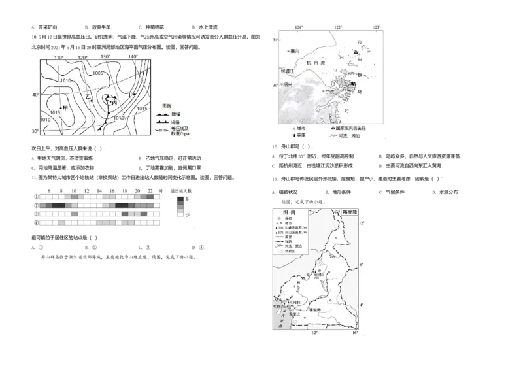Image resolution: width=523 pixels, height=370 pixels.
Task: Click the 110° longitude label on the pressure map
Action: click(59, 58)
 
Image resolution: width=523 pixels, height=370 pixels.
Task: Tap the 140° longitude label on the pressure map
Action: click(133, 58)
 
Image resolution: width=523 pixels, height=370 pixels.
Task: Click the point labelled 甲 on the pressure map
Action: click(64, 107)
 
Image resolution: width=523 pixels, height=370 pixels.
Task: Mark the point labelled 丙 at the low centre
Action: click(114, 103)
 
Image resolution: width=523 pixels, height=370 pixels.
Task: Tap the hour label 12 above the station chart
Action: click(86, 190)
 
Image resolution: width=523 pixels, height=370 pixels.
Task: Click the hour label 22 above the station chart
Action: click(150, 190)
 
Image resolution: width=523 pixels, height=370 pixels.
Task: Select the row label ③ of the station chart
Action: click(36, 214)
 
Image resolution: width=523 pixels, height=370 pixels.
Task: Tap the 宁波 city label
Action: click(330, 92)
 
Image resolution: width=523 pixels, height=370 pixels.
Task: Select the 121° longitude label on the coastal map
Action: click(300, 27)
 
